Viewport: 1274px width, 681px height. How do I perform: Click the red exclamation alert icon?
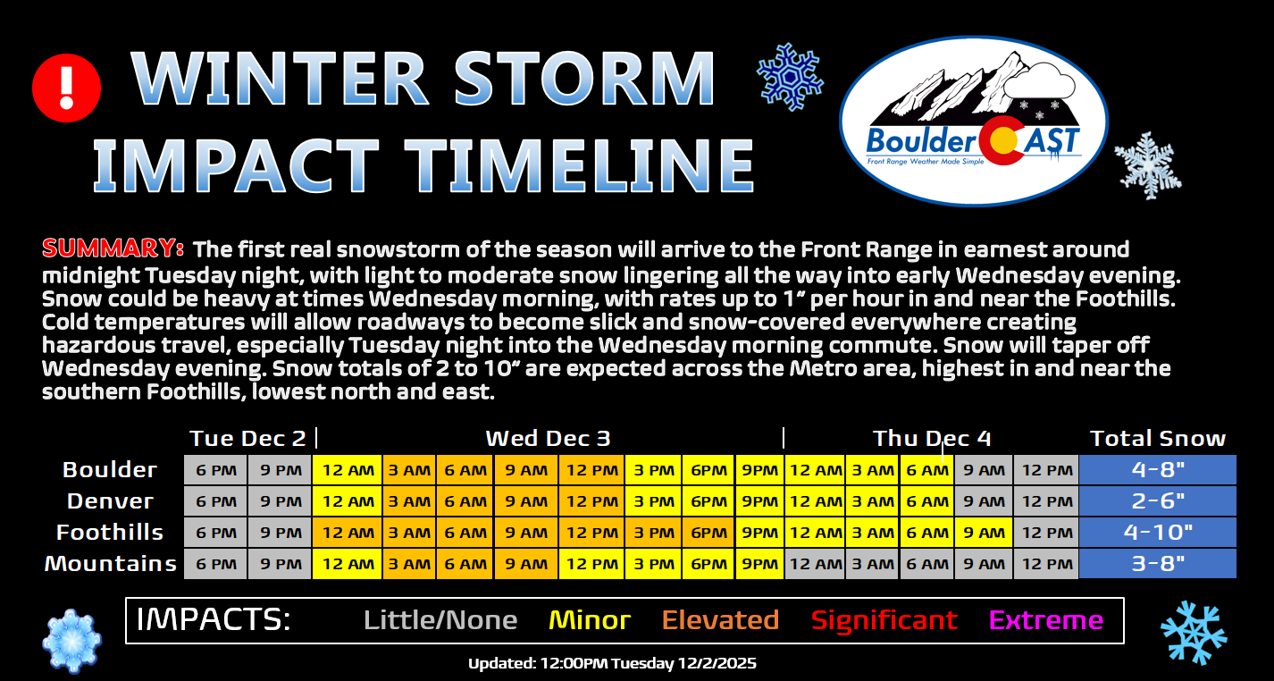66,88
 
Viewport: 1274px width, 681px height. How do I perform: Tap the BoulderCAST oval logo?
974,122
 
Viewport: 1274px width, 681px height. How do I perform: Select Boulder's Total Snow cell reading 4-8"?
1157,470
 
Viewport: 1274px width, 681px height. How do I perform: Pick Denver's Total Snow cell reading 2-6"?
1157,501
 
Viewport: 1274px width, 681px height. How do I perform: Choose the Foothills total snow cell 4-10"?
1157,533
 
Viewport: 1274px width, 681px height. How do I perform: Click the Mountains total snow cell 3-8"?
1157,564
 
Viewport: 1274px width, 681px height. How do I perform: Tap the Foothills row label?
110,533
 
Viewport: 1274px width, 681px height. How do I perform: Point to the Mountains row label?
111,564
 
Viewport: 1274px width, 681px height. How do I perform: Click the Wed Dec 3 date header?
548,439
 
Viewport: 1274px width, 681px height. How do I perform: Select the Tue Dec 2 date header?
247,439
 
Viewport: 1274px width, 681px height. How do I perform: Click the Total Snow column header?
1157,439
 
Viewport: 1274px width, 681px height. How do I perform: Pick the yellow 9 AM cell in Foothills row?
984,533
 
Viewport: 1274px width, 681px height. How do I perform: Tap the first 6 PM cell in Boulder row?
215,470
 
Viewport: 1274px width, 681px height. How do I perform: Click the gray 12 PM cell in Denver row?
1046,501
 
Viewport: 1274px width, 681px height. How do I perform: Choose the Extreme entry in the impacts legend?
1046,620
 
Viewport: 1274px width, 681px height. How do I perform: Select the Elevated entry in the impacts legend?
720,620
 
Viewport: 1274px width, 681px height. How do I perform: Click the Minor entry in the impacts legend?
590,620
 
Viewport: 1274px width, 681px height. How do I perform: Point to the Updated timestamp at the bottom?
612,663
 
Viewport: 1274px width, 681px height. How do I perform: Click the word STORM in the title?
584,78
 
